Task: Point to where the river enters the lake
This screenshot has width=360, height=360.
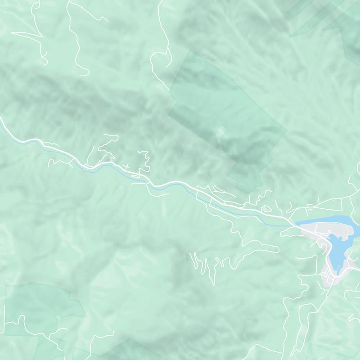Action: click(295, 225)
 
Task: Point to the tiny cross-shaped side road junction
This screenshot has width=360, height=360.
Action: click(127, 167)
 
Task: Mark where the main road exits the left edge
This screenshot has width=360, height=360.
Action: click(1, 120)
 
